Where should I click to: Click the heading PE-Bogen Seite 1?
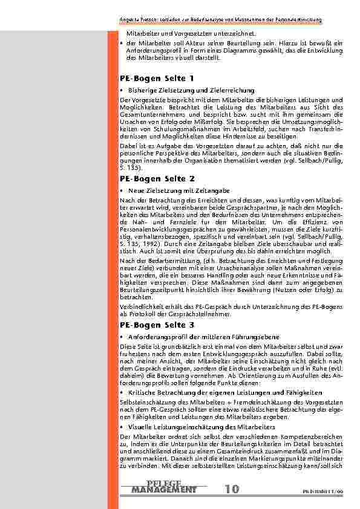tap(157, 79)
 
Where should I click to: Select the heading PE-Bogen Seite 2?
tap(157, 179)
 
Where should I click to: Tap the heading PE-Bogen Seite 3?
tap(157, 325)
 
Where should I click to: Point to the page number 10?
tap(231, 488)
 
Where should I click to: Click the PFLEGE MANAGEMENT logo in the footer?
tap(164, 486)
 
